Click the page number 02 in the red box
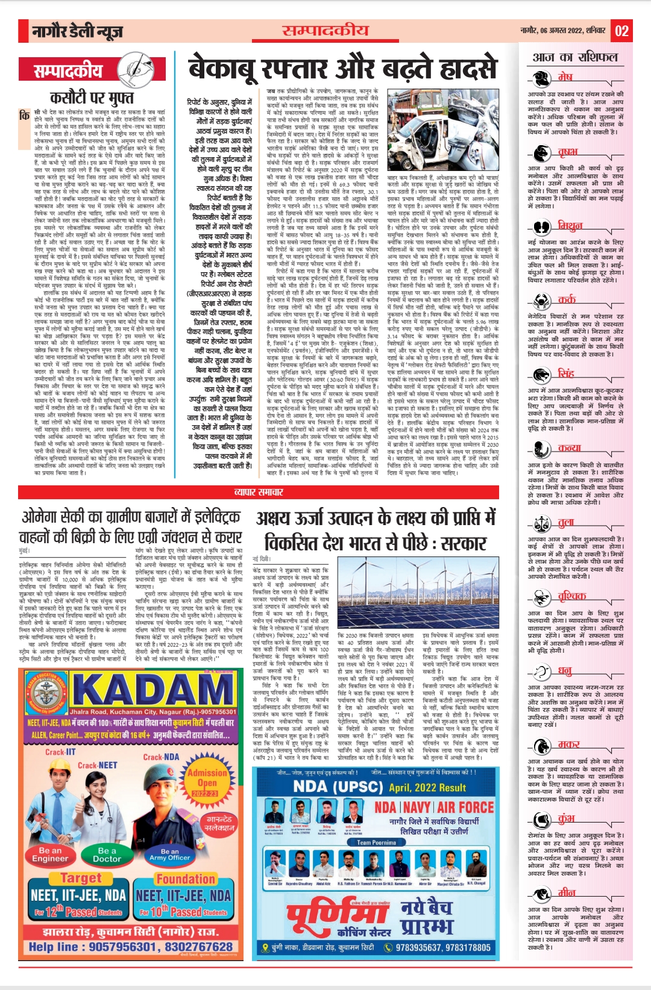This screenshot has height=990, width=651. (622, 31)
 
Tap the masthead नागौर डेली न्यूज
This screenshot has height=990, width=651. (79, 31)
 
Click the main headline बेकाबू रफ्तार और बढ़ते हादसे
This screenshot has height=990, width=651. (342, 68)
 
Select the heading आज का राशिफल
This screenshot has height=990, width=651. (575, 57)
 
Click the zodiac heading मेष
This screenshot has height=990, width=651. (565, 77)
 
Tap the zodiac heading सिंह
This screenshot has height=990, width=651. (566, 373)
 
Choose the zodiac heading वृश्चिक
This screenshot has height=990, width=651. (571, 596)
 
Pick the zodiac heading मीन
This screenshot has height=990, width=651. (566, 892)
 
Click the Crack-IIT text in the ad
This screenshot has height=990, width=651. (60, 752)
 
